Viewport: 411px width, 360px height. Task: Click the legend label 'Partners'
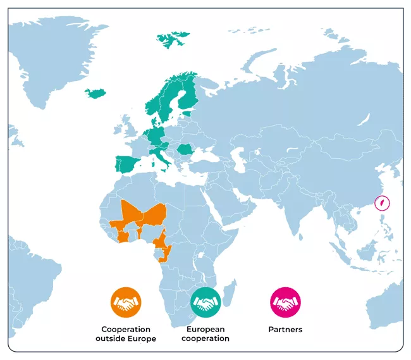point(286,330)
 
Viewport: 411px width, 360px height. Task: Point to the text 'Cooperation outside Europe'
point(126,334)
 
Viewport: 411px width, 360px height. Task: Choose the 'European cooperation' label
point(205,334)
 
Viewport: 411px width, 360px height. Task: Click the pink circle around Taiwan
point(381,204)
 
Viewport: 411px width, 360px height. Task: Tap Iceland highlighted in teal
point(95,94)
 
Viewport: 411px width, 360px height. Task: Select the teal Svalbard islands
point(172,39)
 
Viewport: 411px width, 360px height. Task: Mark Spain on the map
point(126,165)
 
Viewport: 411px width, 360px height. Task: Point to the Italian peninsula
point(163,159)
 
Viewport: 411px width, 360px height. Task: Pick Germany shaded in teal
point(155,135)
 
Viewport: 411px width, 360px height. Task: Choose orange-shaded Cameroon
point(162,240)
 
